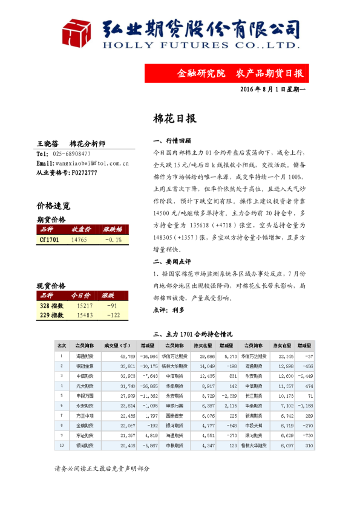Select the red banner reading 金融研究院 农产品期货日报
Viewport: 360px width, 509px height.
(x=240, y=73)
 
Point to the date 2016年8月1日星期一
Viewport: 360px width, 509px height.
(x=273, y=89)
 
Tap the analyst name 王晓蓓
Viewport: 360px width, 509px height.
(x=47, y=144)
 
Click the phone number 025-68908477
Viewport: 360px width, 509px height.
(x=72, y=154)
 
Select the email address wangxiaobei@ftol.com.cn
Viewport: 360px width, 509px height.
(x=93, y=163)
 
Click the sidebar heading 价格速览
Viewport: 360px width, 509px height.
(x=53, y=206)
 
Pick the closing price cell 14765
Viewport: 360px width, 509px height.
(x=79, y=239)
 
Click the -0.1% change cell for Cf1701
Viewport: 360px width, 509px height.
(x=113, y=239)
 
